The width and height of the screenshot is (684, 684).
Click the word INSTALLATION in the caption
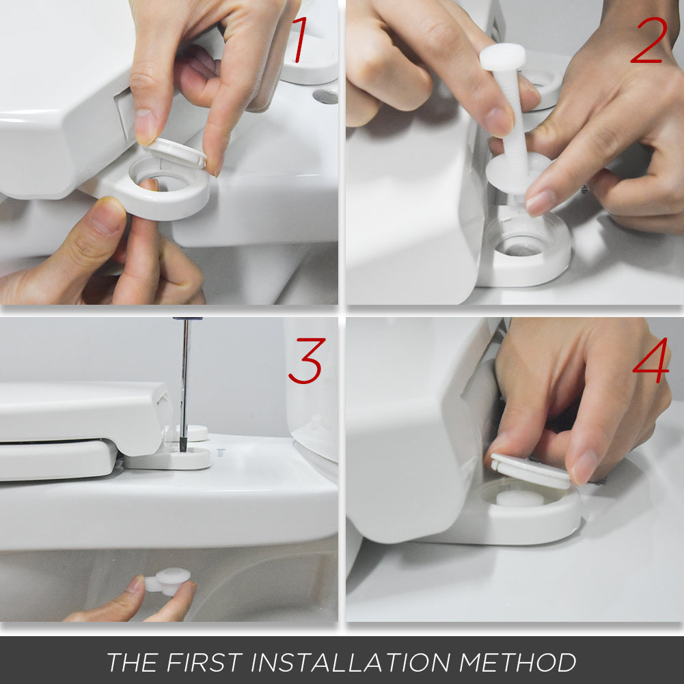(x=351, y=662)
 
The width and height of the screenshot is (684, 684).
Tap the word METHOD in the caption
(x=517, y=662)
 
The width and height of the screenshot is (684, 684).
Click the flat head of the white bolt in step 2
(x=502, y=57)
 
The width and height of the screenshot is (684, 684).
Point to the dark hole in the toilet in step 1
(x=326, y=96)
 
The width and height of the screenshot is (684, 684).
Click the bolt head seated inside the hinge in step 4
(x=520, y=498)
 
